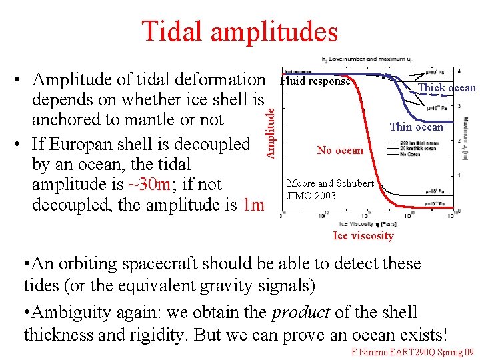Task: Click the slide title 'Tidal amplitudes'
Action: tap(239, 31)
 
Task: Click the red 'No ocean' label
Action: tap(340, 150)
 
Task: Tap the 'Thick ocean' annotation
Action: tap(446, 88)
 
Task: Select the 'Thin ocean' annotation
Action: tap(416, 127)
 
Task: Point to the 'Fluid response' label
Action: tap(315, 81)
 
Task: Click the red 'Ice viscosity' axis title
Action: tap(363, 235)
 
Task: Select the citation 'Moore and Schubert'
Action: tap(330, 183)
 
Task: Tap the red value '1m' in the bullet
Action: tap(253, 205)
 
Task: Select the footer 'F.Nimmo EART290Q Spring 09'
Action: tap(412, 351)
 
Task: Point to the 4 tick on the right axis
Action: tap(459, 71)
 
